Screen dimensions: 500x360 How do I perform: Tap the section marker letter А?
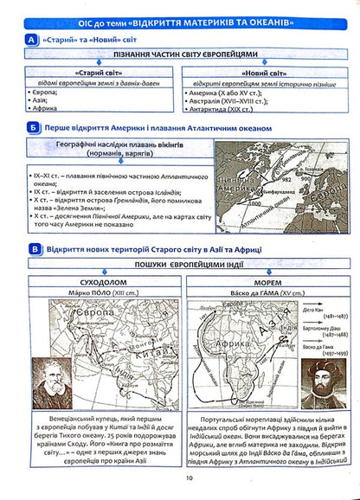click(32, 41)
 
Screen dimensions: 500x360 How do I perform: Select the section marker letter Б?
click(32, 128)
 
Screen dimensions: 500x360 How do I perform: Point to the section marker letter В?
click(32, 250)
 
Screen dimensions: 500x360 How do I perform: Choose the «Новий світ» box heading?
click(263, 74)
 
